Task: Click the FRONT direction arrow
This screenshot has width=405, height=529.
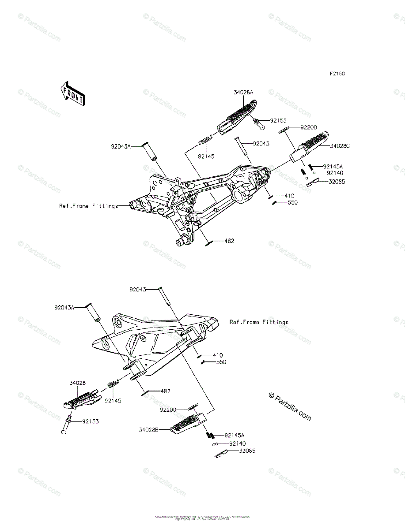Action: point(73,93)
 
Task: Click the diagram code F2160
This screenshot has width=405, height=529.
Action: point(336,74)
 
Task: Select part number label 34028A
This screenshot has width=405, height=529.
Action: point(244,93)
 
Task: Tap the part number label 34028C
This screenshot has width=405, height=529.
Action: point(340,146)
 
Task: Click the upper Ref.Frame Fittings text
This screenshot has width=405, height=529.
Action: point(89,206)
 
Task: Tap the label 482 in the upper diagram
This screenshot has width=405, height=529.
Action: point(229,241)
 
